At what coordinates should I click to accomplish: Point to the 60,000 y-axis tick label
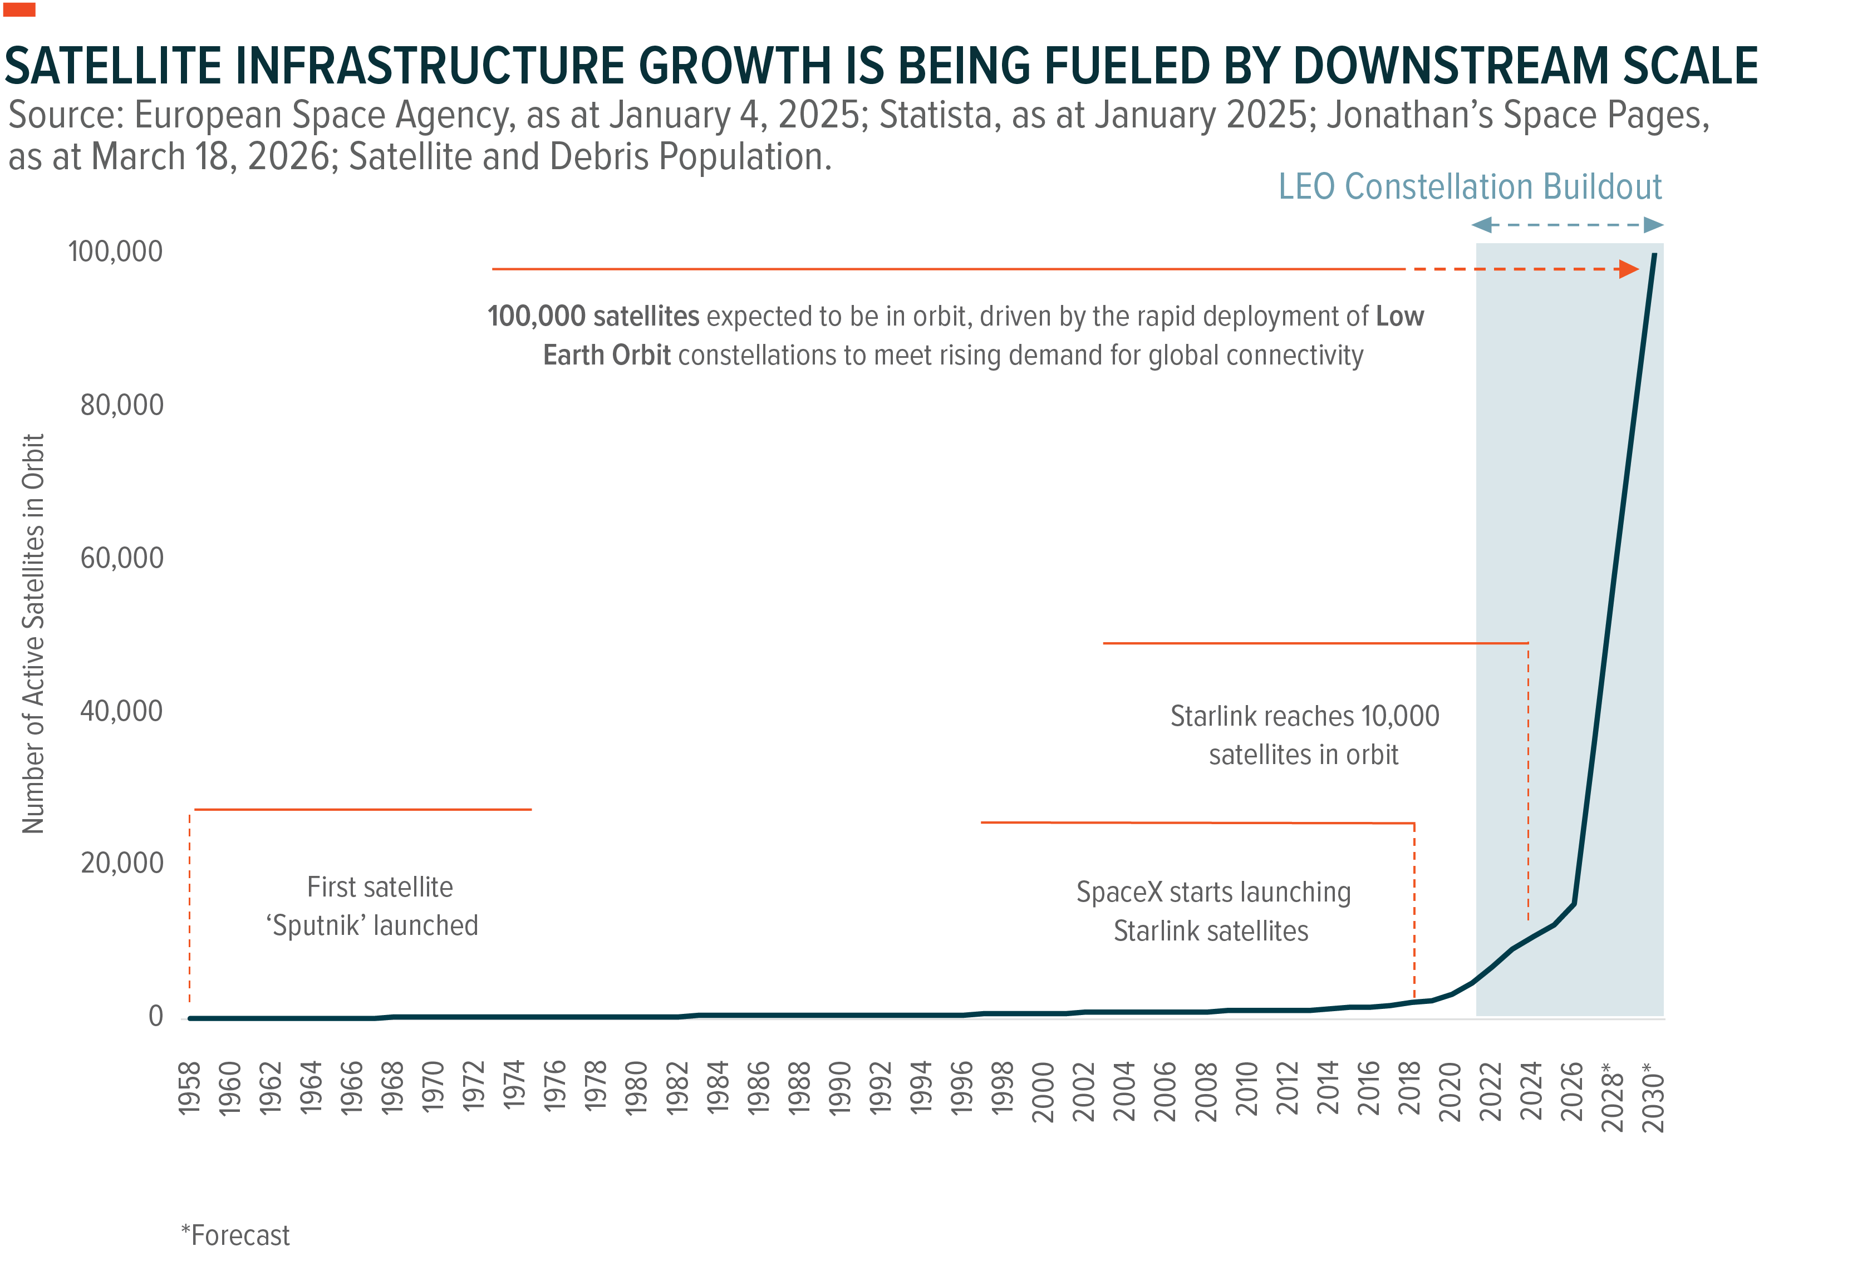click(121, 558)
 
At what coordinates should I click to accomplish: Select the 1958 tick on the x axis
click(189, 1088)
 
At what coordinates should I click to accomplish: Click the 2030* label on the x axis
click(1653, 1096)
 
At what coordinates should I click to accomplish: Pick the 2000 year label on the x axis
click(1043, 1091)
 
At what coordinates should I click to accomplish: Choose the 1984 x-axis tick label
click(718, 1088)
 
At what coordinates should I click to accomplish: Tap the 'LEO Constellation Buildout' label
click(1470, 186)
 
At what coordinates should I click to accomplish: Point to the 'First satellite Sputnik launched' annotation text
click(374, 906)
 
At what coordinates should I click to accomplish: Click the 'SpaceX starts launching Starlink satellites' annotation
click(1212, 911)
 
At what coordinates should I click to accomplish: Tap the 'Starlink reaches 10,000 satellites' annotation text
click(1304, 735)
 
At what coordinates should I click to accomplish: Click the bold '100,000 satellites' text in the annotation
click(593, 317)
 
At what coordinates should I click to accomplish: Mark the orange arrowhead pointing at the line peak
click(1628, 269)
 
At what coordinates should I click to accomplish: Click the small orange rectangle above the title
click(19, 9)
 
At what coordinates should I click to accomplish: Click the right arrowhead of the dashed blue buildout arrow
click(1653, 225)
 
